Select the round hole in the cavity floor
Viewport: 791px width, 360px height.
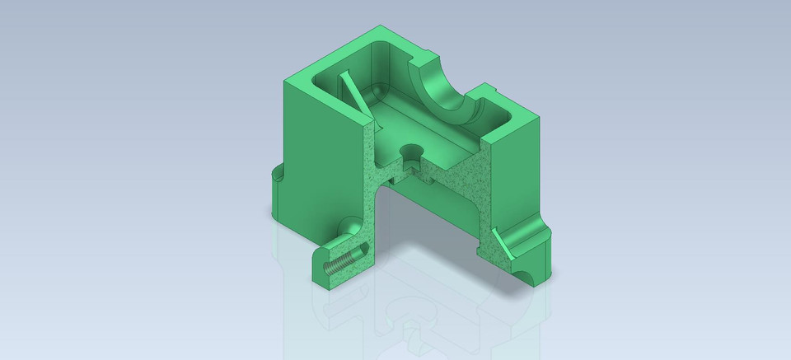(x=410, y=153)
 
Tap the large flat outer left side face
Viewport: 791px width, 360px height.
(x=321, y=165)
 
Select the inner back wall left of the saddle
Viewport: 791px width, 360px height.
(x=394, y=66)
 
